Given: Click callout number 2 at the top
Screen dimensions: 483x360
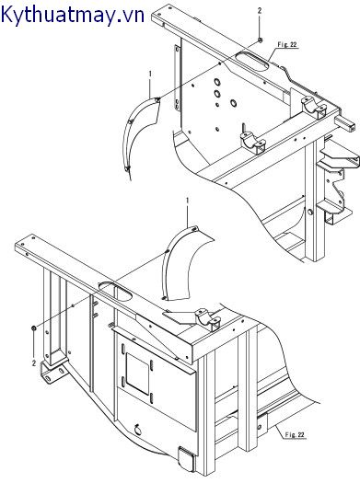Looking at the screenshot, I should [x=260, y=10].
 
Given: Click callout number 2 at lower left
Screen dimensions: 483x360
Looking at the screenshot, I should [x=34, y=362].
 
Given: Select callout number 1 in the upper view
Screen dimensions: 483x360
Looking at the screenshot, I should [x=148, y=73].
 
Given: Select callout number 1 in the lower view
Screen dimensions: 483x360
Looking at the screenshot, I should [x=188, y=200].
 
